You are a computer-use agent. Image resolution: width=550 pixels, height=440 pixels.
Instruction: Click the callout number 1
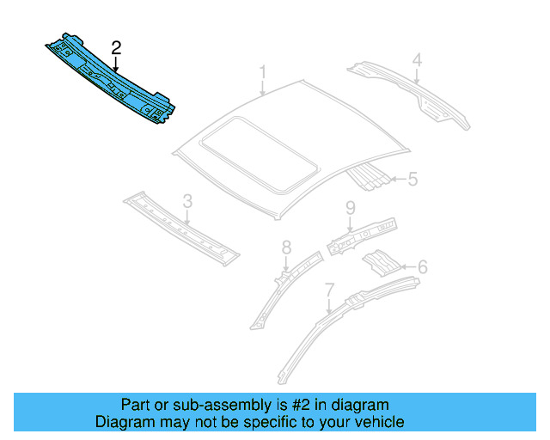point(264,71)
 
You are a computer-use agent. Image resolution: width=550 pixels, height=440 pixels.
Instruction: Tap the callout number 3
point(186,203)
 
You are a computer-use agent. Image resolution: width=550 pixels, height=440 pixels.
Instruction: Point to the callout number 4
point(416,60)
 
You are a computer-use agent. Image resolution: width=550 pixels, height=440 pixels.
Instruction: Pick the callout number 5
point(412,180)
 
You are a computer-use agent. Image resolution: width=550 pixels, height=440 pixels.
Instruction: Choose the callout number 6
point(421,267)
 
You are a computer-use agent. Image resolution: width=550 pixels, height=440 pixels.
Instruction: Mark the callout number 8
point(287,248)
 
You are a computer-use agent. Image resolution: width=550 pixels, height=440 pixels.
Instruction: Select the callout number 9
point(351,208)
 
